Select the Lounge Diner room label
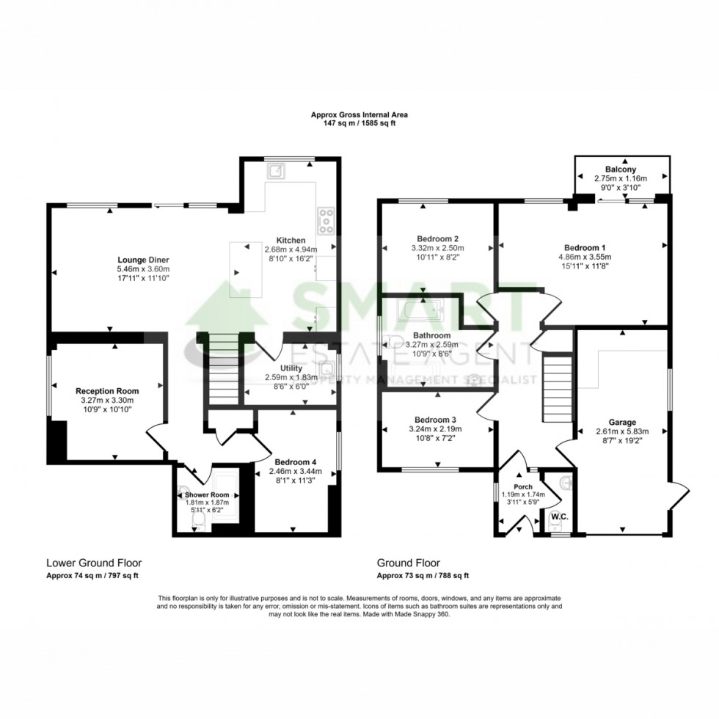pos(143,259)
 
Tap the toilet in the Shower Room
pos(197,521)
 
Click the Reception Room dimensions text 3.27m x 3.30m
pos(107,401)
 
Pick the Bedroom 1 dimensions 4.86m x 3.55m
pos(584,257)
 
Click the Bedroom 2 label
pos(437,238)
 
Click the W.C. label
pos(560,516)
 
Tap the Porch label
pos(523,486)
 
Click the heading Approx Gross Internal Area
pos(359,114)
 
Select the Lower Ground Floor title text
pos(94,563)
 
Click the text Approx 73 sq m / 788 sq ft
pos(423,576)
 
